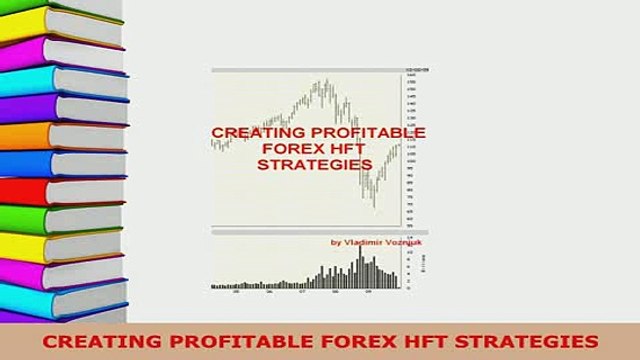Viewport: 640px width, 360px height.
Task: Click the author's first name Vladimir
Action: coord(361,241)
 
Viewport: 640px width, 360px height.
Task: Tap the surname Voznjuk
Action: coord(399,241)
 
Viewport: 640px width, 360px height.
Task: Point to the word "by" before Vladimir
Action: coord(335,241)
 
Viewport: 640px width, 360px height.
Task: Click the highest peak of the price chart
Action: coord(327,82)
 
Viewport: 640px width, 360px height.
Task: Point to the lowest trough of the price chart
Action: coord(373,207)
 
